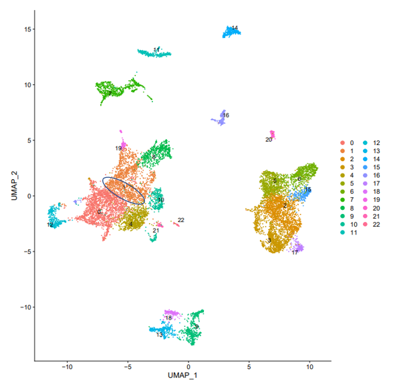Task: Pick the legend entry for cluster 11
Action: [x=350, y=233]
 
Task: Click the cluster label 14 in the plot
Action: [x=234, y=28]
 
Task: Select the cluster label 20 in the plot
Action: [x=269, y=140]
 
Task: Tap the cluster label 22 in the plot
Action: [x=181, y=220]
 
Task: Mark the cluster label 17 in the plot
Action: [x=295, y=252]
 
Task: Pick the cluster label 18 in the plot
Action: [x=168, y=317]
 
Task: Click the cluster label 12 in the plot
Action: [x=50, y=225]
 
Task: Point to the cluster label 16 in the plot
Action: [x=226, y=116]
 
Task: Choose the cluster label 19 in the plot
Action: [x=118, y=148]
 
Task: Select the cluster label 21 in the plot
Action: [x=156, y=231]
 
